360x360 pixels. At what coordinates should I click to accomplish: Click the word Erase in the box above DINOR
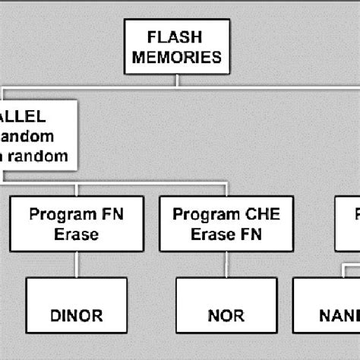(x=76, y=234)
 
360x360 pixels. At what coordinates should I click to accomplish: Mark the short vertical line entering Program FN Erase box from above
(x=76, y=190)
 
